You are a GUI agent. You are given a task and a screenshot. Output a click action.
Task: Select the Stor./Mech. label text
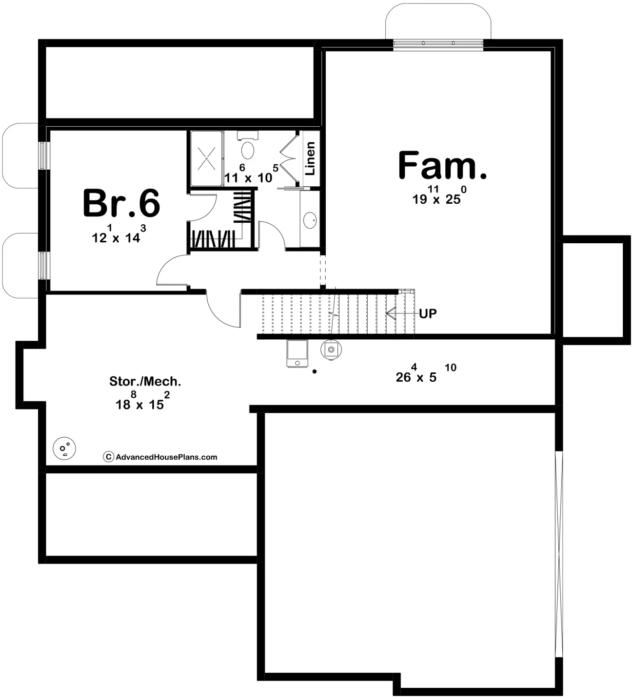(x=145, y=382)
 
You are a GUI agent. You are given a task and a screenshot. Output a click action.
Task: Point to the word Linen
(x=310, y=158)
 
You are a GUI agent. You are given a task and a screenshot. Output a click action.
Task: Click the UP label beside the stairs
(x=428, y=314)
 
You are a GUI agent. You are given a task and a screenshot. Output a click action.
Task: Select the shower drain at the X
(x=207, y=158)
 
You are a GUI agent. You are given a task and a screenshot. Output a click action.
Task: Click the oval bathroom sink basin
(x=310, y=220)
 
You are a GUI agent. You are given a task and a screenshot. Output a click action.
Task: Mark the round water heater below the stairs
(x=332, y=349)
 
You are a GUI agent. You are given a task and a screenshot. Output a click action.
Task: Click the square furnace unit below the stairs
(x=297, y=353)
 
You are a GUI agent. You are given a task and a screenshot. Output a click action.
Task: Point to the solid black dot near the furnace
(x=315, y=372)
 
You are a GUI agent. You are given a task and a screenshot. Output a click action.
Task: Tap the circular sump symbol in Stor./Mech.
(x=64, y=447)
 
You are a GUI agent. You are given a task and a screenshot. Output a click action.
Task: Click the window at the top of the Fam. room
(x=438, y=43)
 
